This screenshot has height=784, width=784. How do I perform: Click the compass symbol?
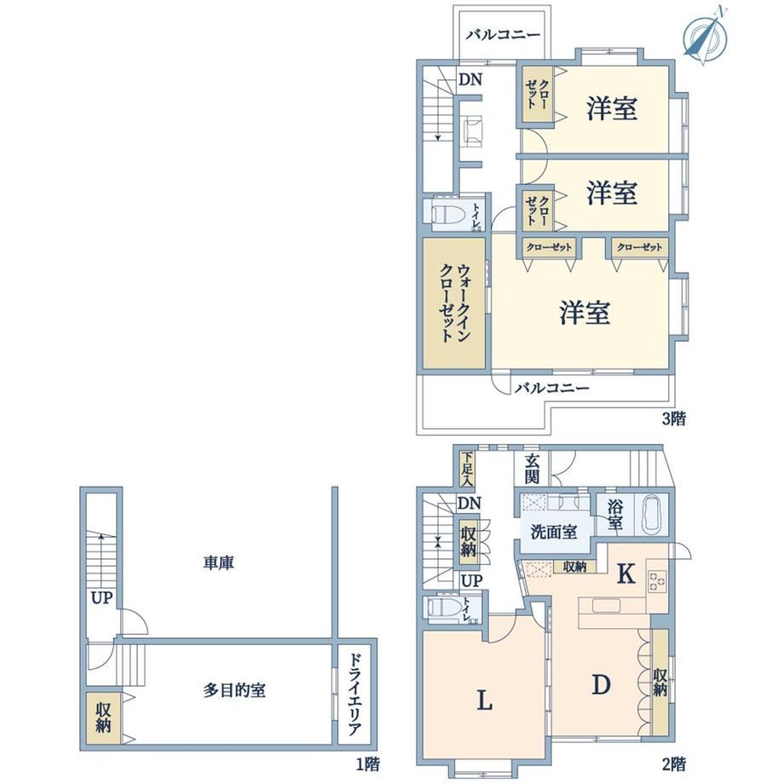pos(704,36)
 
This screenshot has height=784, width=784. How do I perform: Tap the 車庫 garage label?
pos(218,563)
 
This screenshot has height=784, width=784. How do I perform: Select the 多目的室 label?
pos(234,690)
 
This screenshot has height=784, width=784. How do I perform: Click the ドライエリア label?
pos(354,695)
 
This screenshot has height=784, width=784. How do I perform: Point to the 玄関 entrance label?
pos(532,470)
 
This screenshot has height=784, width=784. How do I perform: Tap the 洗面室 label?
pos(554,532)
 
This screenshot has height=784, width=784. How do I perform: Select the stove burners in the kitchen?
pos(657,581)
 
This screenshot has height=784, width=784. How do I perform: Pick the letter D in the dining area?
pos(601,684)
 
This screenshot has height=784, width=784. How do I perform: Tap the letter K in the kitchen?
pos(626,574)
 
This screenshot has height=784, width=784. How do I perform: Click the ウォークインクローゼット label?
pos(454,303)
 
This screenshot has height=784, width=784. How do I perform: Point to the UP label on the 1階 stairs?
pos(101,598)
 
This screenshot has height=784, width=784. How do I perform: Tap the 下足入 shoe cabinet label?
pos(467,469)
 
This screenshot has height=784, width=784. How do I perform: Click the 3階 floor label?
pos(673,418)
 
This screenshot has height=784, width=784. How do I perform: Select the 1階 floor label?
pos(367,764)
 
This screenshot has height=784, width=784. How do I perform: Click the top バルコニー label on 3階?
pos(503,35)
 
